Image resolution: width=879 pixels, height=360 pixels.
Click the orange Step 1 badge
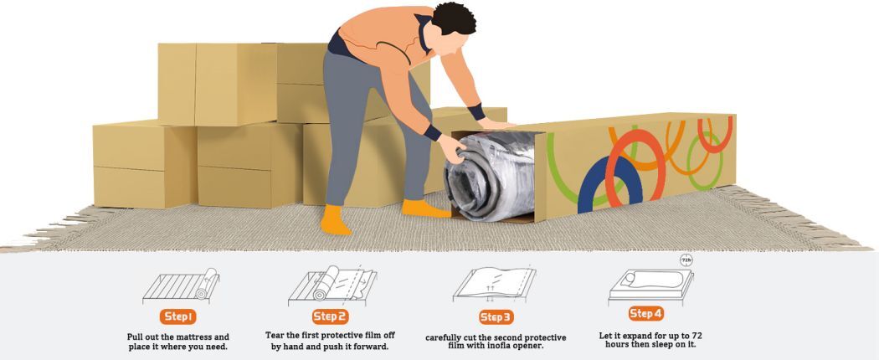click(177, 316)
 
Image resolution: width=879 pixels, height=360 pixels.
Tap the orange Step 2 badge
click(329, 316)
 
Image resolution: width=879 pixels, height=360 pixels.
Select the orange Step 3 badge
click(496, 317)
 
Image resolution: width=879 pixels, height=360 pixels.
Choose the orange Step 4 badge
click(645, 313)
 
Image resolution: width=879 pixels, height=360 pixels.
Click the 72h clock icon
click(686, 260)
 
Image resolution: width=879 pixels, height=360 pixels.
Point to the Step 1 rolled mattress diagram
click(181, 285)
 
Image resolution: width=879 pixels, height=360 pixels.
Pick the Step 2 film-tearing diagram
click(332, 285)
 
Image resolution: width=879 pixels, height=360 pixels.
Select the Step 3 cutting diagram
click(495, 285)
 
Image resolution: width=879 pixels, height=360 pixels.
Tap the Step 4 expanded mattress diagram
click(650, 286)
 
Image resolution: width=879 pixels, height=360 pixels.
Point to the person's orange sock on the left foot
click(335, 220)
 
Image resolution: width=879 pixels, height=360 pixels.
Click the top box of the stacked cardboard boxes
click(218, 84)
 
